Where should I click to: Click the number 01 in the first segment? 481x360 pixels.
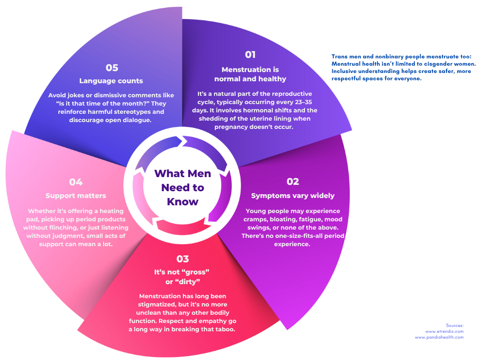click(250, 54)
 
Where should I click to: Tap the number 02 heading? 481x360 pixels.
click(292, 181)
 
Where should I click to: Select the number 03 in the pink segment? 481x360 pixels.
click(182, 259)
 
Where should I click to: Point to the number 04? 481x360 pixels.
click(75, 182)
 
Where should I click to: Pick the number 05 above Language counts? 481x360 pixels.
click(112, 68)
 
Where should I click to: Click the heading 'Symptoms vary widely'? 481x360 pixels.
click(293, 196)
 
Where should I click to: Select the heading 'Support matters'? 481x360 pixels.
click(75, 196)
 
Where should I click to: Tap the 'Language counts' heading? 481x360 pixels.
click(111, 81)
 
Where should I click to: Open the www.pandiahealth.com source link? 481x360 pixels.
click(439, 337)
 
